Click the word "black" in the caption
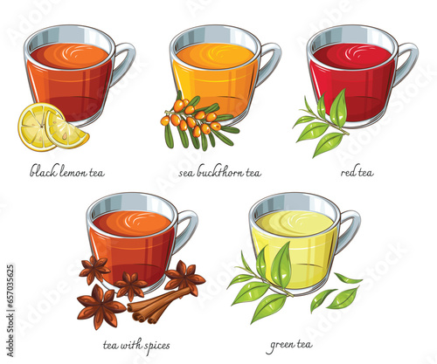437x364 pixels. pyautogui.click(x=43, y=171)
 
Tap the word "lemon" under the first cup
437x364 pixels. pyautogui.click(x=73, y=172)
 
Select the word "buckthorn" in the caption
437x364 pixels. pyautogui.click(x=220, y=172)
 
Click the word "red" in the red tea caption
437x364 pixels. pyautogui.click(x=348, y=172)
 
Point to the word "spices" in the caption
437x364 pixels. pyautogui.click(x=155, y=347)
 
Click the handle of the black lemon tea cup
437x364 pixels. pyautogui.click(x=125, y=63)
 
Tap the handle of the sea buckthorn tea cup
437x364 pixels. pyautogui.click(x=270, y=63)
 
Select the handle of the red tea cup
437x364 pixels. pyautogui.click(x=407, y=63)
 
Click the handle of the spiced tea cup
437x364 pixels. pyautogui.click(x=187, y=230)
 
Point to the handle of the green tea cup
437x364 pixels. pyautogui.click(x=350, y=230)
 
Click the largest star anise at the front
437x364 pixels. pyautogui.click(x=101, y=306)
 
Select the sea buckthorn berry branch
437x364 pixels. pyautogui.click(x=198, y=122)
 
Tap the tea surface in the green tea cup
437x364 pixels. pyautogui.click(x=295, y=223)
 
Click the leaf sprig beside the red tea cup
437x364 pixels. pyautogui.click(x=323, y=125)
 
